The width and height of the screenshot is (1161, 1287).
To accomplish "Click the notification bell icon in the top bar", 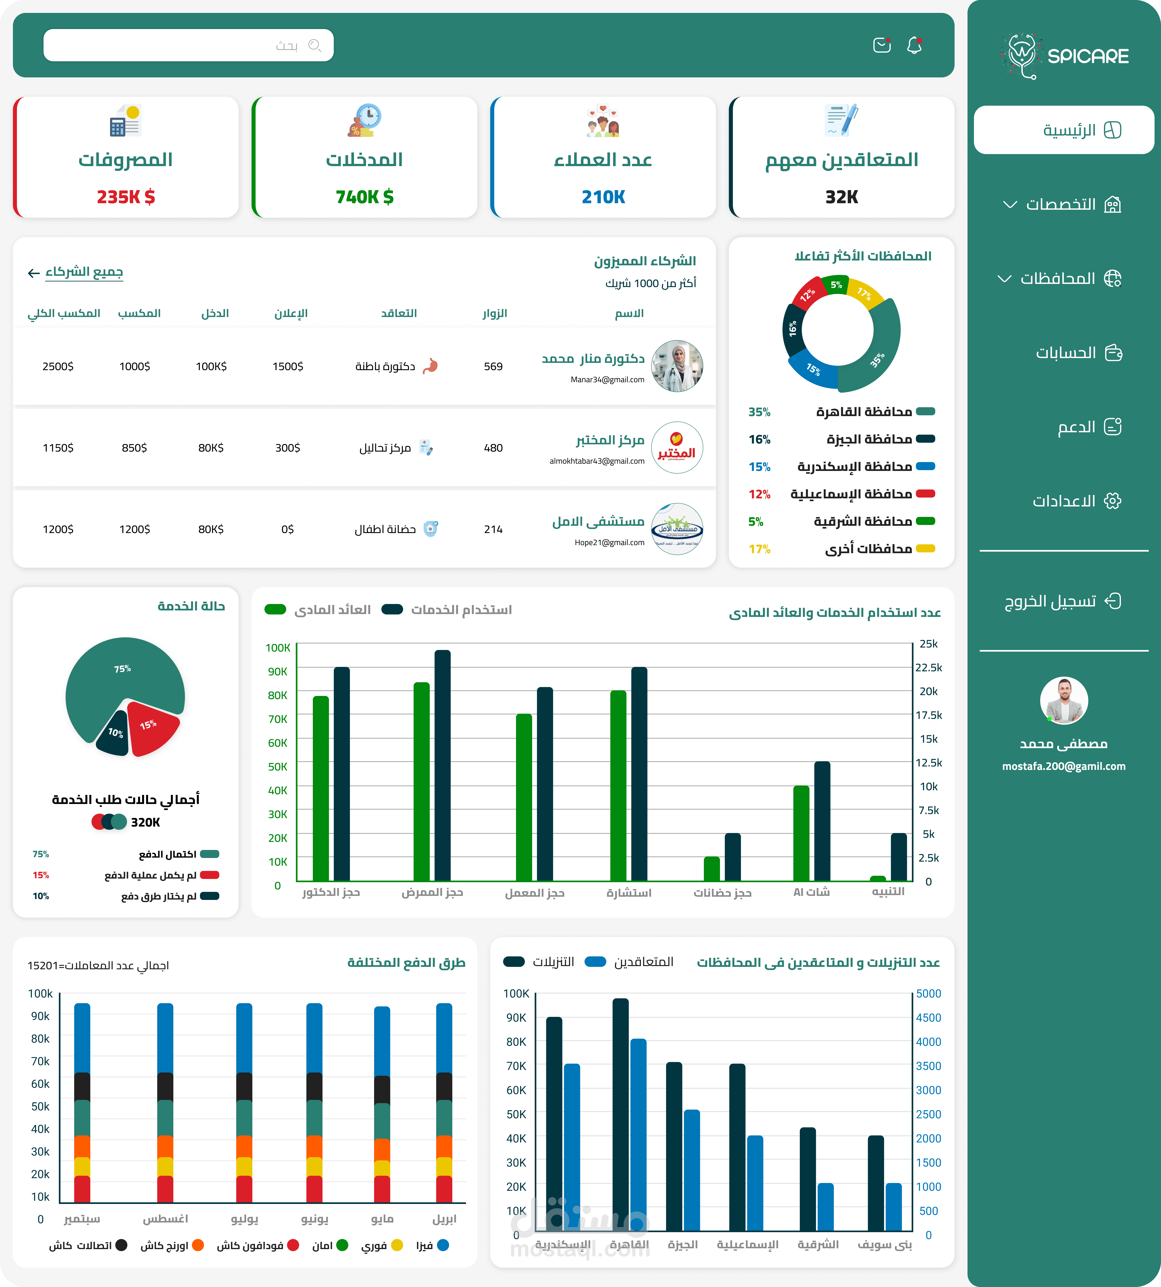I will (914, 45).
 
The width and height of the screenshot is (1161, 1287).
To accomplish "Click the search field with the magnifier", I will (188, 45).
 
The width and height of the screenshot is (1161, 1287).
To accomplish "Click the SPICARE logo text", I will (1088, 56).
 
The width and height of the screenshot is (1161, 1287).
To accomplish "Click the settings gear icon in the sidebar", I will (1112, 501).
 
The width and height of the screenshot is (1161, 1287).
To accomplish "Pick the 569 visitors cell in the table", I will (493, 366).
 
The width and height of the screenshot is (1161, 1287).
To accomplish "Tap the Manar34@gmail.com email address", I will (607, 380).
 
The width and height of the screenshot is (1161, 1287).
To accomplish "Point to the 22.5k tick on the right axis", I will (928, 667).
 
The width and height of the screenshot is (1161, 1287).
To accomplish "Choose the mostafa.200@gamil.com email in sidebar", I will (1063, 766).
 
